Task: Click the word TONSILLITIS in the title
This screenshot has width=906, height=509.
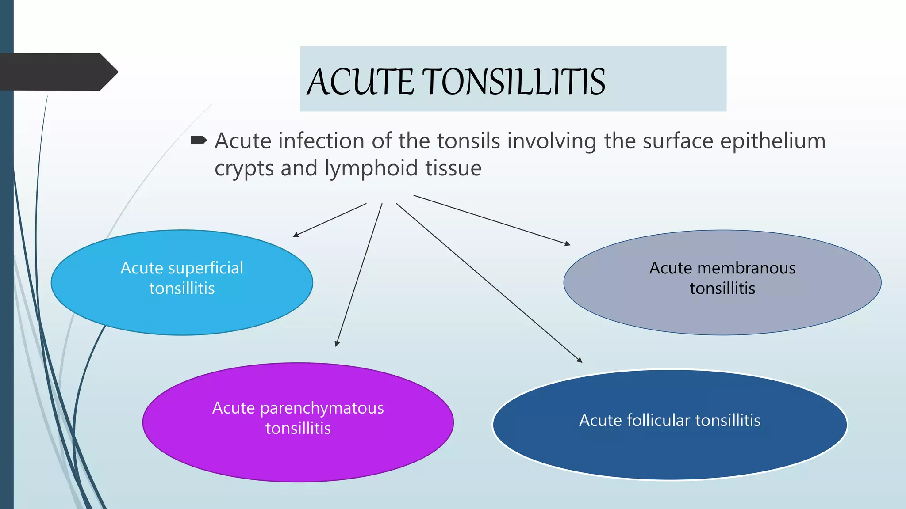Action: tap(515, 82)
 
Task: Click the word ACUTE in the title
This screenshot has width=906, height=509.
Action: tap(361, 82)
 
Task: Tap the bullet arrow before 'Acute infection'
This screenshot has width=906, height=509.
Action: tap(198, 141)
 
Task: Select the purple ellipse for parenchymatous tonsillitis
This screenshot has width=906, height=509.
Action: tap(298, 455)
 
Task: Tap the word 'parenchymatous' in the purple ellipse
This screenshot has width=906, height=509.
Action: tap(322, 408)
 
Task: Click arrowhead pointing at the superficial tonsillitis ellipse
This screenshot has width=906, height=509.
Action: tap(296, 235)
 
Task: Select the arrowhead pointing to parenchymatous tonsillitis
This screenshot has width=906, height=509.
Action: tap(337, 344)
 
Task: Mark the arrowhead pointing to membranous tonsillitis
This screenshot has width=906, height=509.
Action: tap(568, 243)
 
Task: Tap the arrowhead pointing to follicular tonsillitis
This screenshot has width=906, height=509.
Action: tap(580, 360)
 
